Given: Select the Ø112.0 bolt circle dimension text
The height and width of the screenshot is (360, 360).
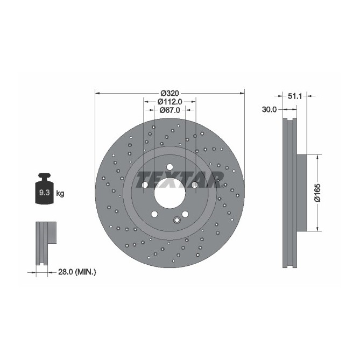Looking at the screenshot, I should coord(170,101).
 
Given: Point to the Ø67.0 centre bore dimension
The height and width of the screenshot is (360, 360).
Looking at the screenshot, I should coord(170,110).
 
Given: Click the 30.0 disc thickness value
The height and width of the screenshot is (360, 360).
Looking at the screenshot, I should coord(269,109).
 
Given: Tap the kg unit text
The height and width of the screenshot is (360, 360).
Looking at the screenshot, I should coord(60,193).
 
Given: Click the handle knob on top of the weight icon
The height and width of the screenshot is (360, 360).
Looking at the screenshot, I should coord(44,176).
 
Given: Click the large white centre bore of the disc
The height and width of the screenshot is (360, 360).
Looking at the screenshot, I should coord(170,190).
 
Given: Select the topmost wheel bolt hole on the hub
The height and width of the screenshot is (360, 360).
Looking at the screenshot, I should coord(170,167).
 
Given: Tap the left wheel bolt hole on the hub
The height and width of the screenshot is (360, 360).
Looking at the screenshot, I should coord(145,185).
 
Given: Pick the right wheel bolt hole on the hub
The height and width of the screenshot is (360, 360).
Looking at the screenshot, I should coord(195,185).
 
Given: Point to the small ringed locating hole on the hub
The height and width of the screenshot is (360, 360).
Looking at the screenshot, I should coord(177,220).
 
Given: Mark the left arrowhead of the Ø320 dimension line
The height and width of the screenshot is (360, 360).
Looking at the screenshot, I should coord(97,92).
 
